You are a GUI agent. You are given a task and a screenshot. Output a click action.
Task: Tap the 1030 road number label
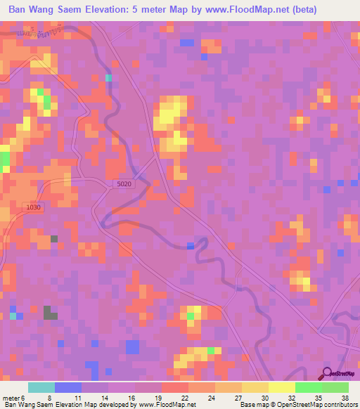32,207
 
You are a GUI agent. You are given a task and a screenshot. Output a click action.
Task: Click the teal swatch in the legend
41,387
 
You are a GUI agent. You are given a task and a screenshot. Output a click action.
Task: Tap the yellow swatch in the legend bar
282,387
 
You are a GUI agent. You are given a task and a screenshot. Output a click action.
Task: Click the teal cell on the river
109,78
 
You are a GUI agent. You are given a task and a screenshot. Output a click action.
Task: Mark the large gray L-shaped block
50,313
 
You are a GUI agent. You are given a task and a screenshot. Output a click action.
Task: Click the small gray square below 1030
54,239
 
